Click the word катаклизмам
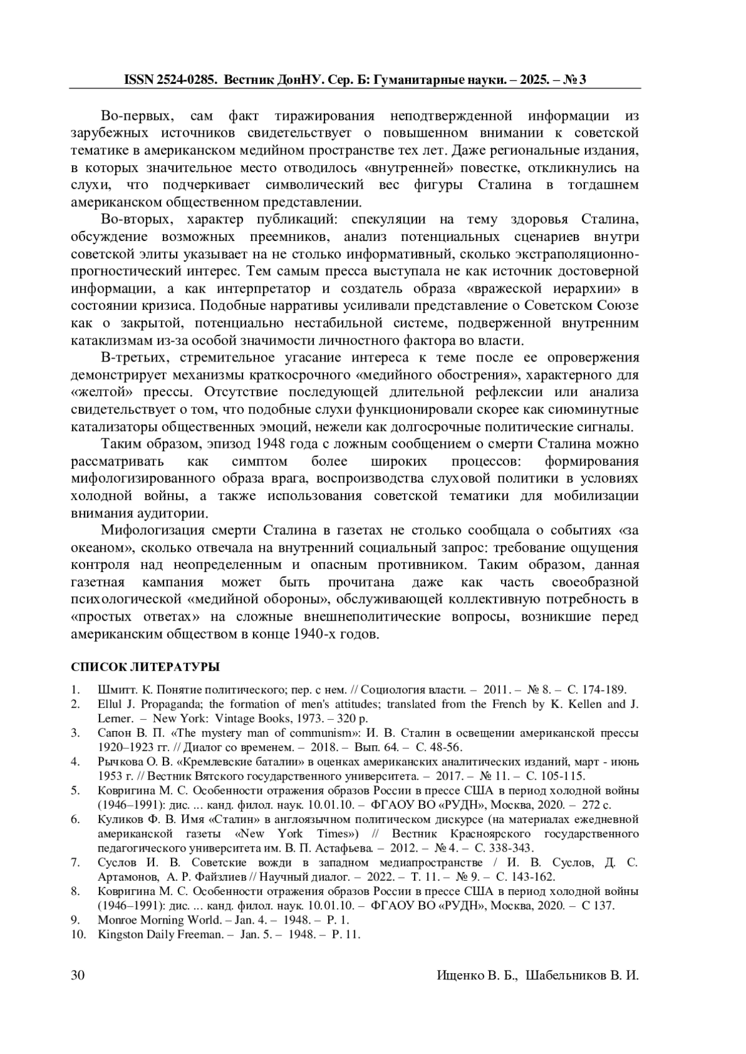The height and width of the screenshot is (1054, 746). [x=109, y=341]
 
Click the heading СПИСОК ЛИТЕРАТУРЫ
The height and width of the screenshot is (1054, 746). [x=145, y=667]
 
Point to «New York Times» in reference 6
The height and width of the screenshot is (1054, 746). [x=299, y=834]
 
